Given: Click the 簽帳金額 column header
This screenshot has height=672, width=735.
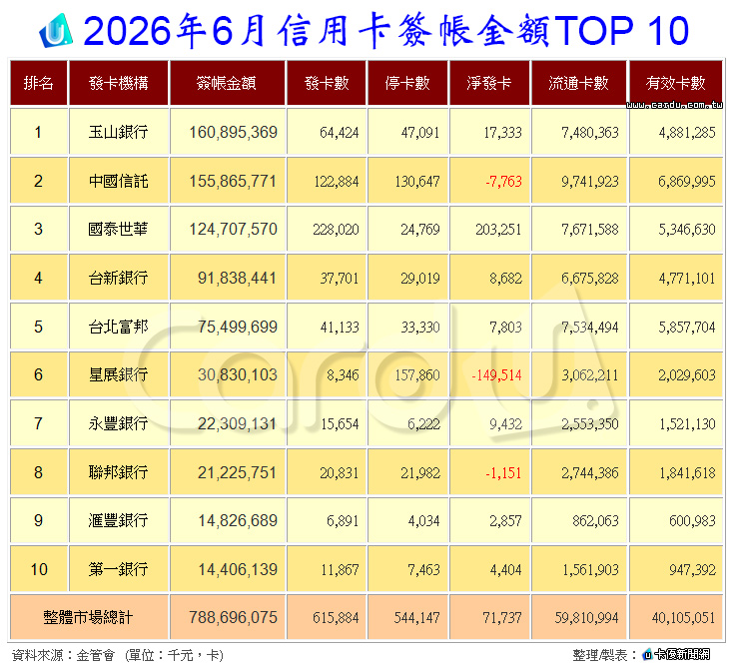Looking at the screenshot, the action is click(x=227, y=83).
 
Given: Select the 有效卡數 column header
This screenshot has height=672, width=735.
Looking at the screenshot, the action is click(x=675, y=83).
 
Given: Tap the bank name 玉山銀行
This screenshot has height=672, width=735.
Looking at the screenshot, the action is click(x=118, y=132).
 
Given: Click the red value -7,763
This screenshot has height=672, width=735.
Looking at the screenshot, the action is click(x=503, y=181).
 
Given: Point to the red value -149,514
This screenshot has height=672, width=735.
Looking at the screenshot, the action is click(x=496, y=374).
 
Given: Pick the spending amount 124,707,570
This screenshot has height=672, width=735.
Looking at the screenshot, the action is click(x=233, y=229).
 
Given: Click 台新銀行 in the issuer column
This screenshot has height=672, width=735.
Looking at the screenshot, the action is click(x=118, y=278).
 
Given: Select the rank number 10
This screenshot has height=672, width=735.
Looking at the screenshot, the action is click(x=39, y=569).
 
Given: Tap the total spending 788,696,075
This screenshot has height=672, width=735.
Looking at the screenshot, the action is click(x=233, y=617).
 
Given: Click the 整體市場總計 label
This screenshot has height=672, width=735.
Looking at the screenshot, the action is click(x=88, y=617).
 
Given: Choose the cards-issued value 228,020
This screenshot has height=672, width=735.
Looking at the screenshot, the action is click(x=336, y=229).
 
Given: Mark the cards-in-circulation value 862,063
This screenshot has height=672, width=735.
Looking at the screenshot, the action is click(x=595, y=520).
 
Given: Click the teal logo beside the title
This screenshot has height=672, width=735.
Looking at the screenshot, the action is click(x=56, y=31).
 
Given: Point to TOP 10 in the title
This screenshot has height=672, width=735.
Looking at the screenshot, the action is click(x=621, y=31).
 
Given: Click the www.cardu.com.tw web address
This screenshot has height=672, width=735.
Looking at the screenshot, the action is click(x=674, y=105).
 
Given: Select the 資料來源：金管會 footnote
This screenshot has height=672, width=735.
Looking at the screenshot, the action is click(x=63, y=655).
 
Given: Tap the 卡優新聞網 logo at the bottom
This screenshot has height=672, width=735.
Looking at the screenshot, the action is click(x=676, y=654).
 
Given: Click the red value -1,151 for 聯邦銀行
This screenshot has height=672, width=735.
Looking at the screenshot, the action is click(x=503, y=472).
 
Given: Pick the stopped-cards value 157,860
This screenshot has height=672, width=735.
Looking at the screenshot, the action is click(x=417, y=374).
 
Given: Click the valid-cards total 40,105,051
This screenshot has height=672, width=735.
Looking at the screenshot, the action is click(x=683, y=618).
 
